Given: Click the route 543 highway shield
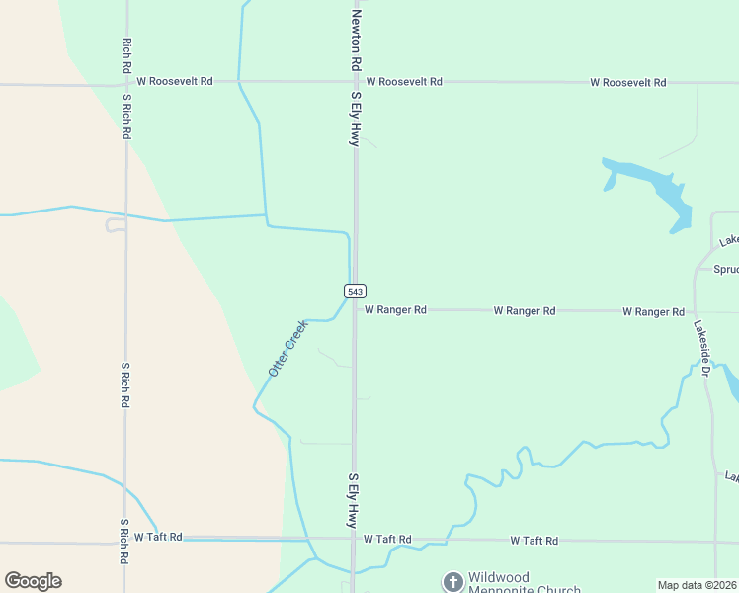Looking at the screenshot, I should [x=356, y=291].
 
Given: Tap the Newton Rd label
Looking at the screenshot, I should [x=356, y=40].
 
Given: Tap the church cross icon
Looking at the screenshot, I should [x=452, y=581].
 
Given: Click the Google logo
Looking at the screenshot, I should [x=33, y=581].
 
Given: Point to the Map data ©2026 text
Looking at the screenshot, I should [x=698, y=585].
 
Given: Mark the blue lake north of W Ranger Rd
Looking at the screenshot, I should [x=652, y=188].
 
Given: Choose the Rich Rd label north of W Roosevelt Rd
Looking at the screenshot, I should [x=127, y=56].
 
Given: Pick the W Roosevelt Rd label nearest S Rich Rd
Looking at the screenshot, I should [x=175, y=81].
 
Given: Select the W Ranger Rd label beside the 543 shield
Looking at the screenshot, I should [x=395, y=310].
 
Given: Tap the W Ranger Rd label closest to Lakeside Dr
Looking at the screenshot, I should [x=653, y=312].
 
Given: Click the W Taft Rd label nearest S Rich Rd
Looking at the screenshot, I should [x=158, y=537].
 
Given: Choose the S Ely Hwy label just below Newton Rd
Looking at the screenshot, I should [x=356, y=119].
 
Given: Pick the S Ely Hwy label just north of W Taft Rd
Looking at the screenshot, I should [x=352, y=498].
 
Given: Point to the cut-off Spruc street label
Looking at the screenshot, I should [x=725, y=268].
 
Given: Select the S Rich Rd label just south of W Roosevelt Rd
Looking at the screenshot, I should [x=127, y=117].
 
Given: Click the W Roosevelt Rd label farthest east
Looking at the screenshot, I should [x=628, y=82].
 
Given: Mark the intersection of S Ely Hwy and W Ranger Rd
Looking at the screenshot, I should [x=356, y=309].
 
